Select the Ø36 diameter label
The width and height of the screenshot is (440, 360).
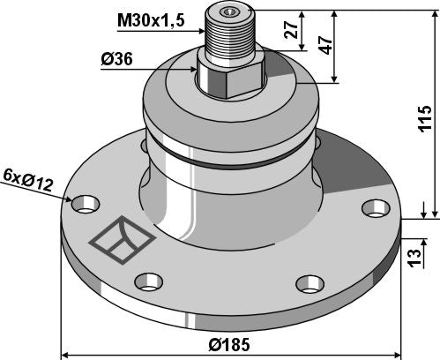117,61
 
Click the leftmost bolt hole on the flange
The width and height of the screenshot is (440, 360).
85,204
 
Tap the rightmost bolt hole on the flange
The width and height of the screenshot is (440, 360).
375,208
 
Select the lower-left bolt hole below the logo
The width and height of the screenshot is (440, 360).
147,282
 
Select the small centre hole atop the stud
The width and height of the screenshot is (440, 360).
231,11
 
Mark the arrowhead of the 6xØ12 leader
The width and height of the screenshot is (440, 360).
73,201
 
